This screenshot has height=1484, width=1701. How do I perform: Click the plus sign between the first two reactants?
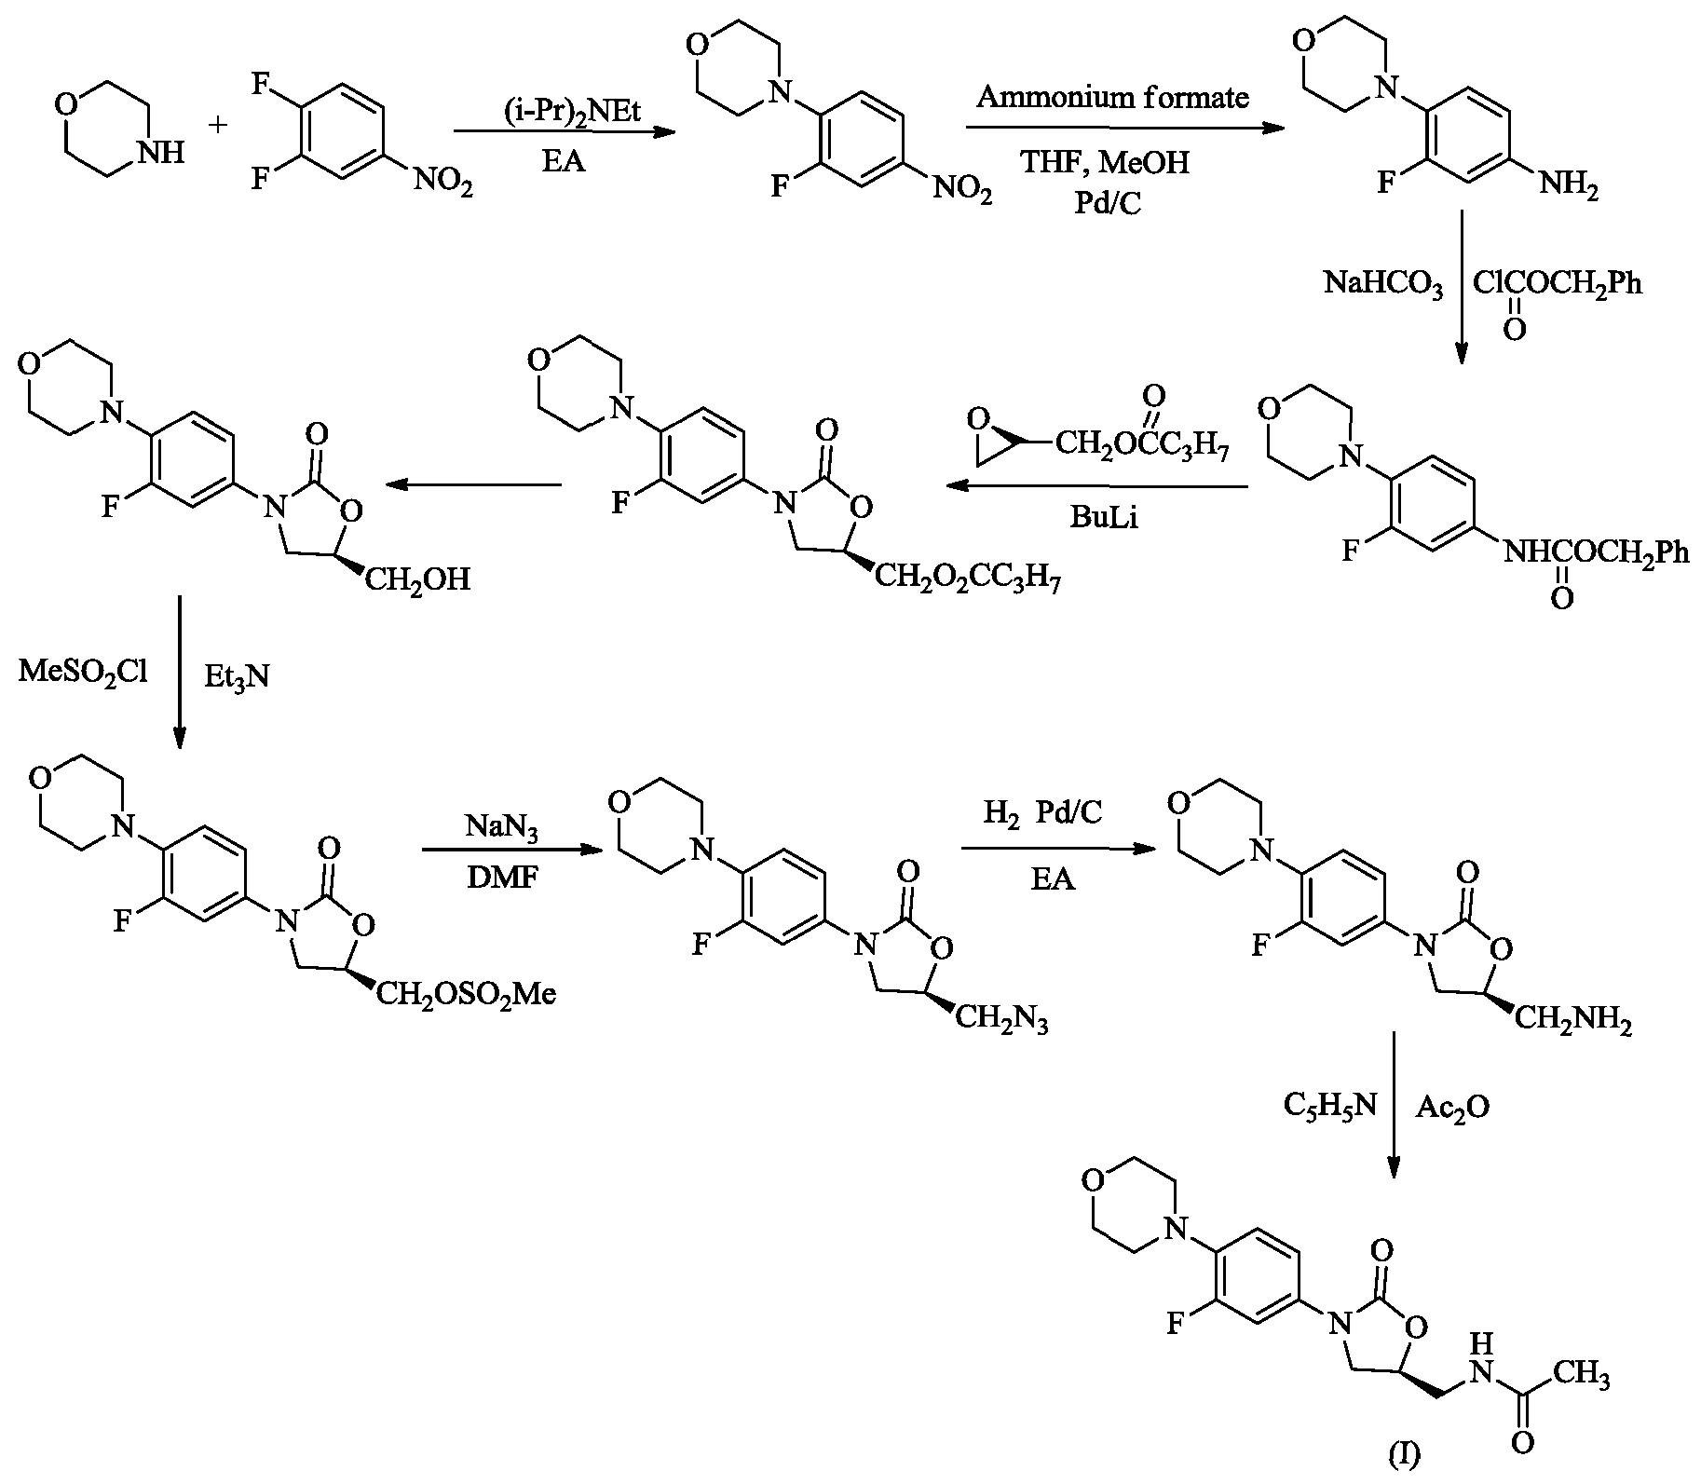tap(219, 125)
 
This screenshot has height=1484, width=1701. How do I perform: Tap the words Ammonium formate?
tap(1113, 98)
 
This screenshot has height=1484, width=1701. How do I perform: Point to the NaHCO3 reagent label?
tap(1384, 283)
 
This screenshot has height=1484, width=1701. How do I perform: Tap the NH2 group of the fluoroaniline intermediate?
tap(1569, 186)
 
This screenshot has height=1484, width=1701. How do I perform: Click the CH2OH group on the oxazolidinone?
tap(416, 580)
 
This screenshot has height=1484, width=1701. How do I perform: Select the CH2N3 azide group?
tap(1002, 1021)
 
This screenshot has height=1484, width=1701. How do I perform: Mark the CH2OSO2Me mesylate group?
tap(467, 996)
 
